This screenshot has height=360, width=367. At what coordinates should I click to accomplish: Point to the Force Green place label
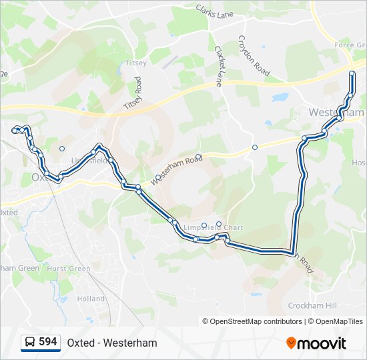coord(350,45)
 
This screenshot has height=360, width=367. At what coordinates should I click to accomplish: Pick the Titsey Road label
coord(133,94)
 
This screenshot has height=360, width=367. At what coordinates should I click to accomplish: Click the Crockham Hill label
coord(312,305)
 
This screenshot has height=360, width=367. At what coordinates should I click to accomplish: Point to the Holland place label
coord(91,299)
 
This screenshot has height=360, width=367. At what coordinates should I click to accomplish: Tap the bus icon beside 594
coord(31,343)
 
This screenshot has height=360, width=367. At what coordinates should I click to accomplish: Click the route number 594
coord(48,342)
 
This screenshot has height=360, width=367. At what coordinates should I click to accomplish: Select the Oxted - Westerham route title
coord(112,343)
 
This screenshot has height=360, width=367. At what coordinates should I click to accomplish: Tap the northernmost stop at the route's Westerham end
coord(352,73)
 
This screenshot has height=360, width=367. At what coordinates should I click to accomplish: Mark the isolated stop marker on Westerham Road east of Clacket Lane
coord(254,147)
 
